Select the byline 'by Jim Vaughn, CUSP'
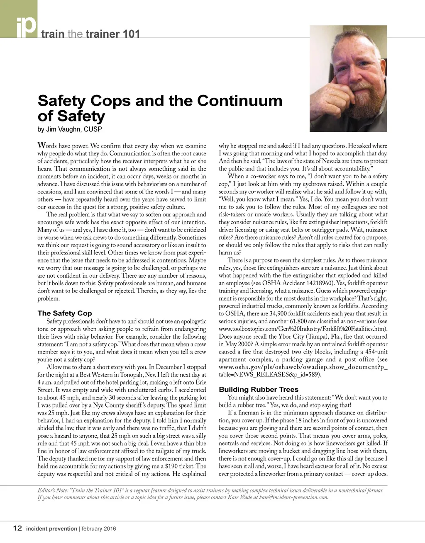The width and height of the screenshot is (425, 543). coord(69,129)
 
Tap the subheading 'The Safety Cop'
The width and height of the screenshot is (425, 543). coord(64,313)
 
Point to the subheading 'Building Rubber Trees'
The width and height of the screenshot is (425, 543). coord(258,390)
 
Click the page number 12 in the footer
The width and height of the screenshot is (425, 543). coord(17,528)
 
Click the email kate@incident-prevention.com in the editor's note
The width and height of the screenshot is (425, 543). coord(293,497)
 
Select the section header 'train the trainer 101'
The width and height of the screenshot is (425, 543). coord(90,34)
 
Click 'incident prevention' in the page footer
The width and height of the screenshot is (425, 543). coord(51,528)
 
